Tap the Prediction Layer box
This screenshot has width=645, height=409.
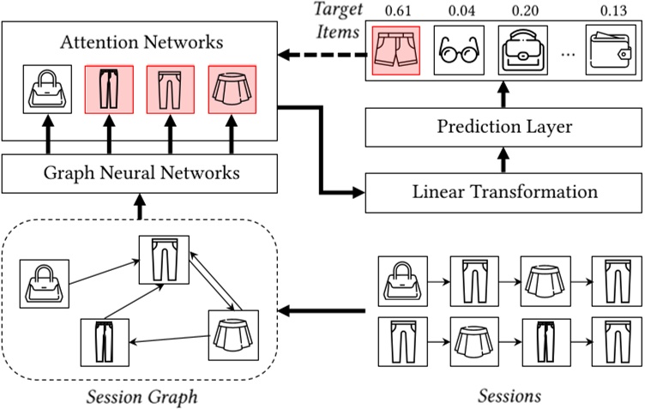point(503,128)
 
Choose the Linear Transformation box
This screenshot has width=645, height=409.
point(503,191)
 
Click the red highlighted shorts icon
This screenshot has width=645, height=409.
point(396,49)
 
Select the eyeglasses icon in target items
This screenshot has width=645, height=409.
point(458,49)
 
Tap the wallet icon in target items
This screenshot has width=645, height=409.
point(609,49)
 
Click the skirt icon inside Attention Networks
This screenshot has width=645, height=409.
point(232,89)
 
